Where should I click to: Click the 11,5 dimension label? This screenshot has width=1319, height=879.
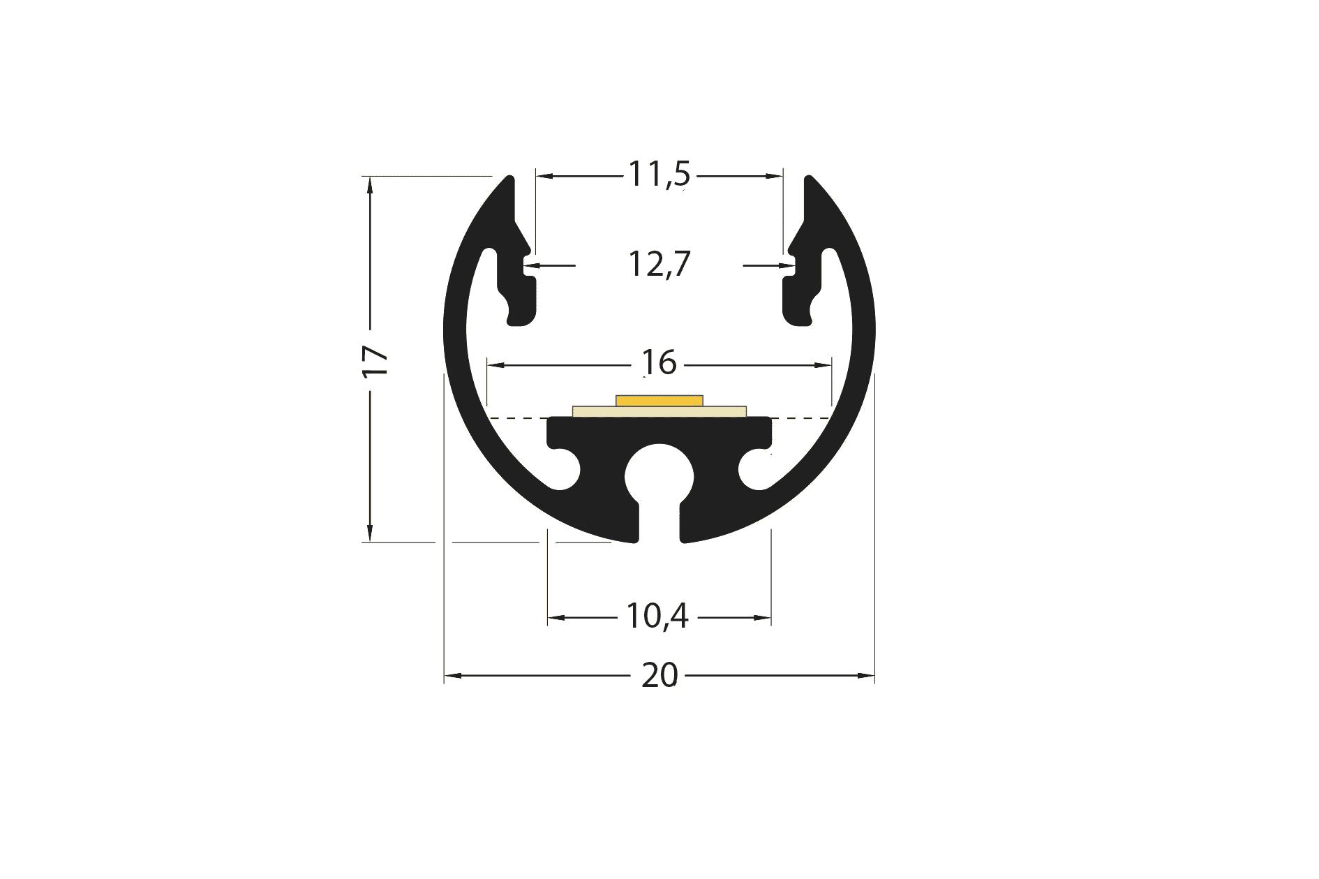pos(659,175)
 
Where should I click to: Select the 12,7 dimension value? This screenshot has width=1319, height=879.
pos(659,265)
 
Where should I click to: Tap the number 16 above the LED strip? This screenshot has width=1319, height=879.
pos(659,363)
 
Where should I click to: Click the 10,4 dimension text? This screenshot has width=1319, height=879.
pos(657,616)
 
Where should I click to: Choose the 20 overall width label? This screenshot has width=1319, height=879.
pos(659,676)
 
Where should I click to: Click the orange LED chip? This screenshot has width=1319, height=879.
pos(659,399)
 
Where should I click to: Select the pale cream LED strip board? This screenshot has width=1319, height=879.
pos(659,411)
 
